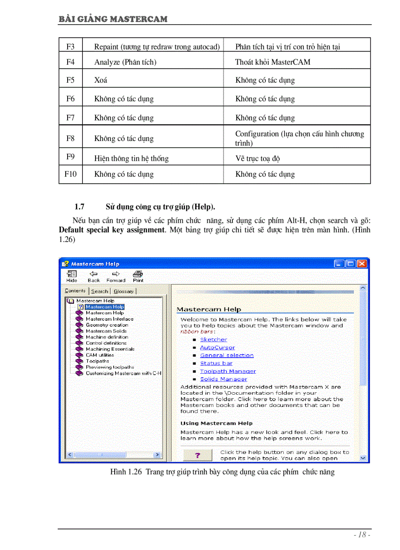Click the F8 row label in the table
(x=70, y=138)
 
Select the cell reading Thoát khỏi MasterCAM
(x=273, y=62)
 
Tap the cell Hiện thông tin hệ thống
(x=131, y=158)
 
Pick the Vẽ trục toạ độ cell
(x=258, y=158)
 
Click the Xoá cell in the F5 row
(x=101, y=80)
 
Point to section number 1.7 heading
(x=80, y=207)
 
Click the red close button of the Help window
(x=362, y=263)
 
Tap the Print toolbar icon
(x=138, y=276)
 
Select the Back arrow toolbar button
(x=94, y=276)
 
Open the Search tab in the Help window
(x=100, y=291)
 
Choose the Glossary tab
(x=124, y=291)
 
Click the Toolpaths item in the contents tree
(x=98, y=361)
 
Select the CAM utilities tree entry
(x=100, y=355)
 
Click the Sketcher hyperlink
(x=213, y=339)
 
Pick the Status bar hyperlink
(x=216, y=363)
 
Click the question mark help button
(x=198, y=455)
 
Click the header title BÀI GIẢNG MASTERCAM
(x=113, y=19)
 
